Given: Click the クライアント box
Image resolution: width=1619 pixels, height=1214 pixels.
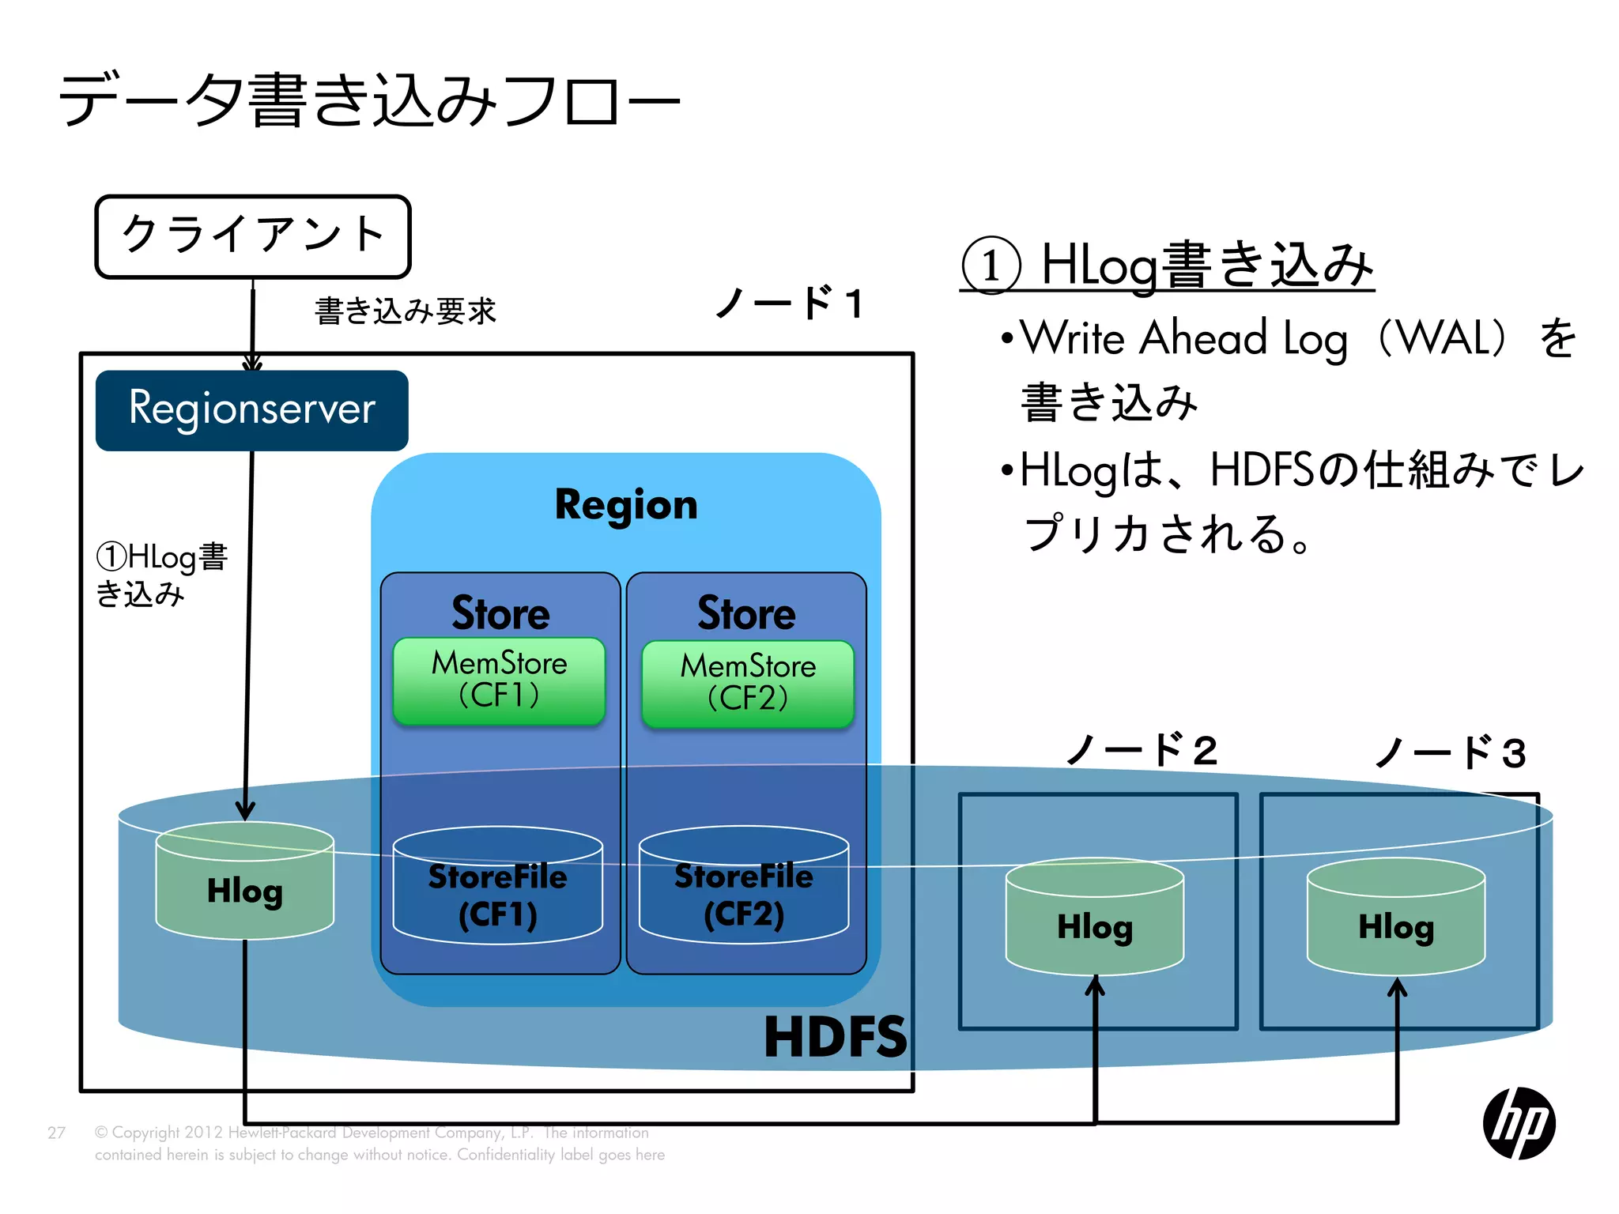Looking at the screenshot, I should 253,236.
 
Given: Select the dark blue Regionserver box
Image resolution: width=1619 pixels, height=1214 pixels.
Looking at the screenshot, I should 251,410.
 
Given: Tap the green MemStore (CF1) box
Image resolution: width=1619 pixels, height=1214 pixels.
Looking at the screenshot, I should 499,681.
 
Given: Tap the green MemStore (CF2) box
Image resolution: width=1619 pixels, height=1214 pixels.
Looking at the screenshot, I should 747,684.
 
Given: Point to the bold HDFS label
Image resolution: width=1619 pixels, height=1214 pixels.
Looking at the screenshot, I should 836,1037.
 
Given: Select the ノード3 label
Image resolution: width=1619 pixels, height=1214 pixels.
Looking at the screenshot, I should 1450,752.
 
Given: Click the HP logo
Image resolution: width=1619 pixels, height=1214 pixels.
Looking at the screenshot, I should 1519,1123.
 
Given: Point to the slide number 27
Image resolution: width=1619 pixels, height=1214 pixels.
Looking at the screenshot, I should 56,1133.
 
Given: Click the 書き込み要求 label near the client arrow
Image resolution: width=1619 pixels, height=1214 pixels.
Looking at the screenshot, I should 406,311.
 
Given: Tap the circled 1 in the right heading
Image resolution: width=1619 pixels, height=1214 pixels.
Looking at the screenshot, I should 991,266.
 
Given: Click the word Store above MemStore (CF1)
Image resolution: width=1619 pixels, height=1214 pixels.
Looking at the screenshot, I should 500,613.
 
